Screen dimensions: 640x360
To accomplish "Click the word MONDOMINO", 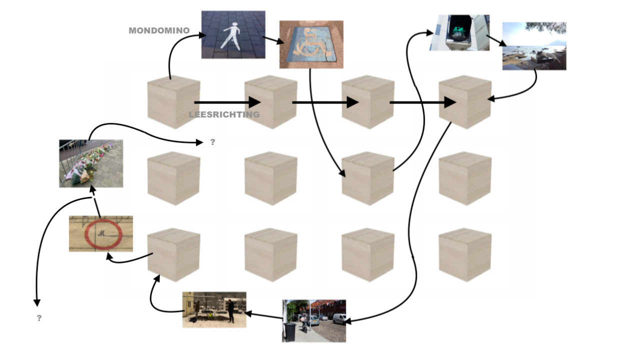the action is [x=159, y=30].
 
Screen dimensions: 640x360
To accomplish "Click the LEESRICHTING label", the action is [x=224, y=114].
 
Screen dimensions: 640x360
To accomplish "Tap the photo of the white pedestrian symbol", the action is [x=233, y=34].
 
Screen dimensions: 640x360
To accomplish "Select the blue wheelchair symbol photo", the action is [x=311, y=44].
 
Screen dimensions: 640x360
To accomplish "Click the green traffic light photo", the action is [x=459, y=32].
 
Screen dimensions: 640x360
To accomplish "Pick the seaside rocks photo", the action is [x=534, y=46].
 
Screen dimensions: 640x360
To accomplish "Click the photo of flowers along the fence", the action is [x=91, y=163].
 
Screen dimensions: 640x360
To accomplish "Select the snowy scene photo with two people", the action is [x=214, y=309].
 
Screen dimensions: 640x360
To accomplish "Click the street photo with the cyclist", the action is [x=314, y=321].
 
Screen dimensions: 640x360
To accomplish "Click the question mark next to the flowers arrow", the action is [x=212, y=142].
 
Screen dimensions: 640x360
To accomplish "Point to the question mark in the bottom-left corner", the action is [x=39, y=318].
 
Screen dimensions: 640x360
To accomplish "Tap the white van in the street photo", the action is [x=339, y=318].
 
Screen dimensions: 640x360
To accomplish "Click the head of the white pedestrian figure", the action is [x=235, y=25].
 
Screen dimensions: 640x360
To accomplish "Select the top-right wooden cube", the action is [x=465, y=102].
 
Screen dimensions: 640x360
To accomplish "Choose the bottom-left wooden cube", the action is [x=173, y=255].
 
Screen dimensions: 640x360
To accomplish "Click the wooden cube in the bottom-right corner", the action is [x=465, y=255].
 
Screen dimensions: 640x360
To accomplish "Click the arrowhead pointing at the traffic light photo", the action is [x=430, y=33].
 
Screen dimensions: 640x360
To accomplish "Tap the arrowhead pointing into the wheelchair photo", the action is [x=280, y=41].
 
